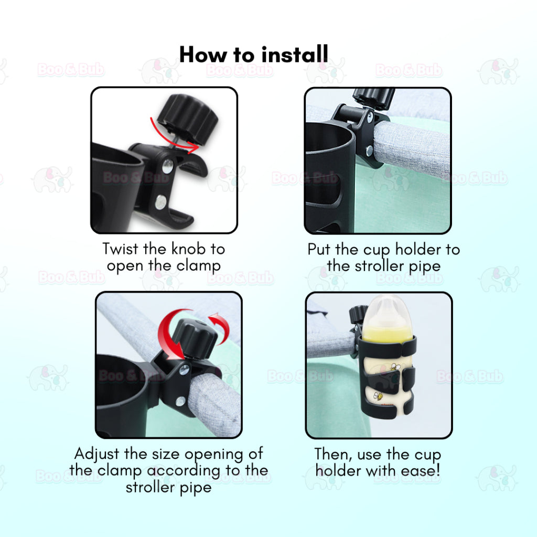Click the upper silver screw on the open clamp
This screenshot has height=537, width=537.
pos(167,166)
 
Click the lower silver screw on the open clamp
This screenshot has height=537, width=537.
pos(160,202)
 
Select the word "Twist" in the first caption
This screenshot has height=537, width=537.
pos(120,249)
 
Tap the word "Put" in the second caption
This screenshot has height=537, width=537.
pos(319,249)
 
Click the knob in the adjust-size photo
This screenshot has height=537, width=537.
pos(195,338)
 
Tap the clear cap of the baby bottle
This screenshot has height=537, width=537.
pos(387,314)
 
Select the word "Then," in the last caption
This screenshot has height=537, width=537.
pos(334,455)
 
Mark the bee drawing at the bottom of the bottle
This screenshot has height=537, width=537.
pos(379,396)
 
